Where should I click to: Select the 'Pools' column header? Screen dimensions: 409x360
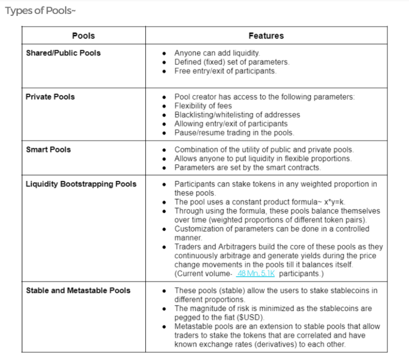(x=83, y=36)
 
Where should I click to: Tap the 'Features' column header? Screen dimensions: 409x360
(x=266, y=36)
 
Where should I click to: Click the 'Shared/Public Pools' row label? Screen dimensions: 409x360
(x=63, y=53)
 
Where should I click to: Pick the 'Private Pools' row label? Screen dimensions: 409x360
(x=50, y=96)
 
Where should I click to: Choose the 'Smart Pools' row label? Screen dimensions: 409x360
(x=48, y=150)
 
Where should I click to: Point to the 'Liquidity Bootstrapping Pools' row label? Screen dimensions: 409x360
(x=81, y=184)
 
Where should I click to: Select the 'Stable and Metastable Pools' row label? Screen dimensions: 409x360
(x=78, y=290)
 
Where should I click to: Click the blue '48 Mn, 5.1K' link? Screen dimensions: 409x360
(x=257, y=274)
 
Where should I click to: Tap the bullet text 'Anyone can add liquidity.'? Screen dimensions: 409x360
(x=217, y=53)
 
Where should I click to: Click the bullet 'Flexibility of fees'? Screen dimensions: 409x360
(x=203, y=106)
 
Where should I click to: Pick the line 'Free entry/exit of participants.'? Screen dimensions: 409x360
(x=225, y=71)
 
